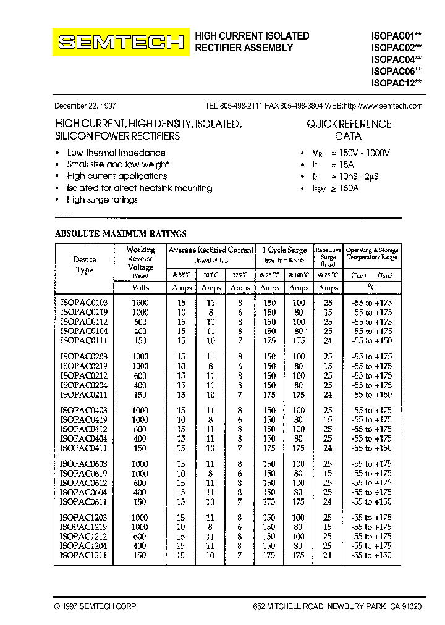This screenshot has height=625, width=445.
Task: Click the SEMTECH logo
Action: click(121, 42)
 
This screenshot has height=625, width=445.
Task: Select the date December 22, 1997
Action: click(85, 106)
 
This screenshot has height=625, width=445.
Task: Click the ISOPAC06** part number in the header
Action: click(396, 71)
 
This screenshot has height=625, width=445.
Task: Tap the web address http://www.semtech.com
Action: click(383, 106)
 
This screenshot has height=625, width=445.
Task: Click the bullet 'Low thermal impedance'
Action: click(116, 153)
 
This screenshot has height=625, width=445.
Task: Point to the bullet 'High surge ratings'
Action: click(102, 199)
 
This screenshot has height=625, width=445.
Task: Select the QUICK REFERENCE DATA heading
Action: click(349, 130)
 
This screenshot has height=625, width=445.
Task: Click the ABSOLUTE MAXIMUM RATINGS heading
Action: click(121, 234)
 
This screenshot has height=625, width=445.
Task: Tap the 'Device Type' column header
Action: click(84, 265)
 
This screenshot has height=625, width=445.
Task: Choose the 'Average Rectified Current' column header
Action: click(211, 250)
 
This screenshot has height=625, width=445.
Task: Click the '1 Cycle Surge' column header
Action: click(284, 250)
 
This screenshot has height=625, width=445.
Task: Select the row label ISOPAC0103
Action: click(84, 303)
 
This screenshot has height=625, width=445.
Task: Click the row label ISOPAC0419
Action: click(84, 420)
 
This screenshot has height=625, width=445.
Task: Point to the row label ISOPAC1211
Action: click(84, 555)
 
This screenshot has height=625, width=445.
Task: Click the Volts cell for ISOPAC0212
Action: click(140, 375)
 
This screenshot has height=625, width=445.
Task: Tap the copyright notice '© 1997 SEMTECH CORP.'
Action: click(96, 607)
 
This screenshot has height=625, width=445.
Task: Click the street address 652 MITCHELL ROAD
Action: click(287, 607)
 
